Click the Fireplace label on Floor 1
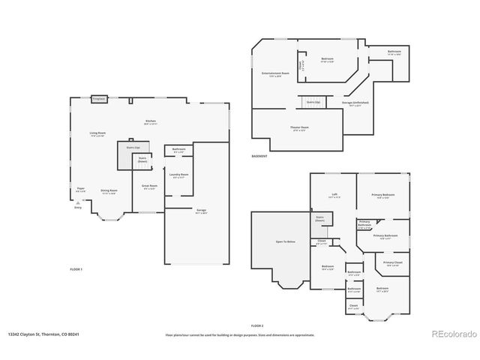(x=98, y=98)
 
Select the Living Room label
(x=97, y=133)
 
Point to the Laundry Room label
(x=178, y=174)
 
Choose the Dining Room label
(x=109, y=190)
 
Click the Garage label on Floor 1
(x=201, y=210)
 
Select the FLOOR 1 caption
(x=76, y=268)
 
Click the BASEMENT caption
(x=260, y=156)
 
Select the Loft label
(x=334, y=195)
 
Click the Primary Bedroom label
(x=382, y=195)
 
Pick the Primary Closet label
(x=393, y=262)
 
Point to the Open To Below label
(x=285, y=241)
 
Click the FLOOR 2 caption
(x=257, y=325)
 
